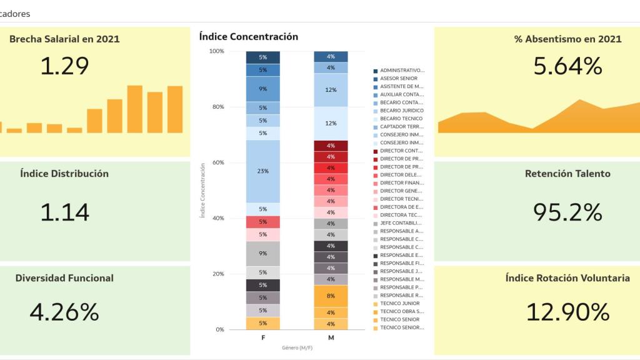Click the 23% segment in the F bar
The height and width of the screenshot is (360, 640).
262,171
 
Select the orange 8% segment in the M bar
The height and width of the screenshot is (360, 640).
331,296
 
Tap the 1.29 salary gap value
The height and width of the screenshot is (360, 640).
64,66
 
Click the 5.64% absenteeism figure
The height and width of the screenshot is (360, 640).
567,66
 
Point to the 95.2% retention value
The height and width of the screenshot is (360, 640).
567,212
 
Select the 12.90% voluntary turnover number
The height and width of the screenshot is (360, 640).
567,311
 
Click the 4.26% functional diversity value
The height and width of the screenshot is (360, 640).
64,311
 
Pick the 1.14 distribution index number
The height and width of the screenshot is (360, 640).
64,212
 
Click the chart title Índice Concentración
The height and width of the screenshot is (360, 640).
248,37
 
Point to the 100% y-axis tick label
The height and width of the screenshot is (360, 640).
216,51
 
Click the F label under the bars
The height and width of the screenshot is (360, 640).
262,337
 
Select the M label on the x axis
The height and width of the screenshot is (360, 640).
331,337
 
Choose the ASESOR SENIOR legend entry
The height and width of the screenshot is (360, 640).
399,79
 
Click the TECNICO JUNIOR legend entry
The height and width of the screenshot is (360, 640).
400,303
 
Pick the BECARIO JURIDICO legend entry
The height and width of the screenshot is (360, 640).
401,111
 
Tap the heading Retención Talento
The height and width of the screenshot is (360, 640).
567,174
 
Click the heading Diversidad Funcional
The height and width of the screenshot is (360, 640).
64,278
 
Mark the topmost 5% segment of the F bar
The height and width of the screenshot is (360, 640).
262,57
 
